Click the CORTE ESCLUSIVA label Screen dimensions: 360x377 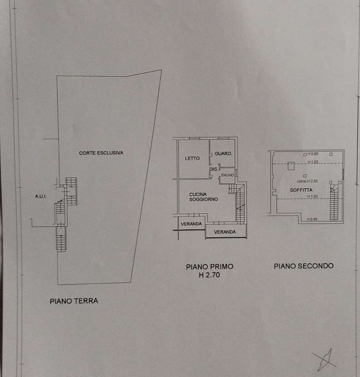click(x=101, y=153)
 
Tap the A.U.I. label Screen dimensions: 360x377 click(x=41, y=196)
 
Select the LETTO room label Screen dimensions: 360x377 click(x=192, y=158)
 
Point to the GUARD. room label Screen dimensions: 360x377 click(x=223, y=154)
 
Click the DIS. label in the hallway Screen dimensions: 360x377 click(x=213, y=169)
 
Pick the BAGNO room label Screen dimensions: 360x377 click(x=227, y=175)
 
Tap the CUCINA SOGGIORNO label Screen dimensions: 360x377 click(x=204, y=197)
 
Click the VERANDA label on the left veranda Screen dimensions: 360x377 click(x=191, y=224)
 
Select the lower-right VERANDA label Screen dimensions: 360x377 click(x=225, y=232)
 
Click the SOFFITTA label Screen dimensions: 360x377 click(x=301, y=190)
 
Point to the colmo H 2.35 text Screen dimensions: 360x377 click(x=307, y=181)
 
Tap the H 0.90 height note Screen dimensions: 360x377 click(x=313, y=154)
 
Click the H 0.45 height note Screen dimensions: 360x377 click(x=312, y=219)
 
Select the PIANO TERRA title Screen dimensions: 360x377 click(x=74, y=301)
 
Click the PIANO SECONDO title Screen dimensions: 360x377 click(x=304, y=266)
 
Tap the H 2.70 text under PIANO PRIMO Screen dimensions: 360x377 click(x=209, y=275)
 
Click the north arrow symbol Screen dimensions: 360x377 click(x=324, y=360)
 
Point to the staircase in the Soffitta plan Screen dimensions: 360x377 click(x=334, y=202)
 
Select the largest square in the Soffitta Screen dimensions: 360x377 click(x=291, y=166)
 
